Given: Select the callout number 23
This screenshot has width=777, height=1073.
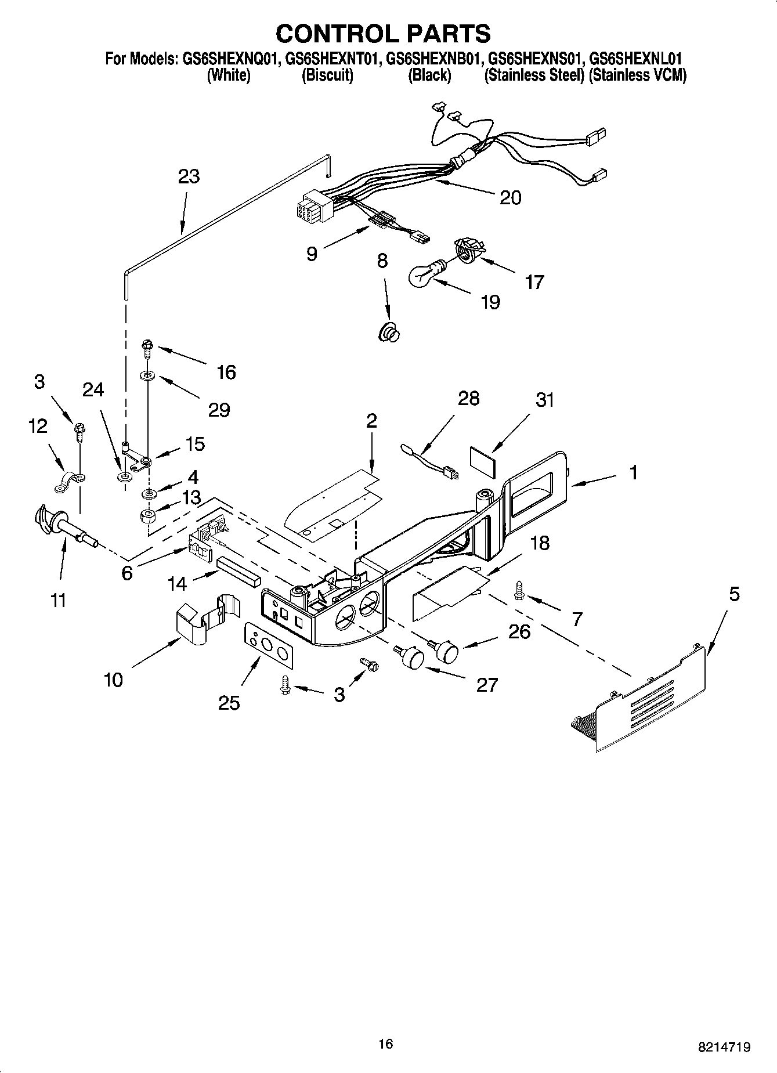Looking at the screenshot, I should pyautogui.click(x=189, y=176).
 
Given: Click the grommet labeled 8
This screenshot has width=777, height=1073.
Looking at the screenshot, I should pyautogui.click(x=389, y=333).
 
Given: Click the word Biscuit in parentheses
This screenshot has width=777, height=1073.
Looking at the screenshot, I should pyautogui.click(x=327, y=75).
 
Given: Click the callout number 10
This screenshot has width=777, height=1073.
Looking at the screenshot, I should pyautogui.click(x=114, y=679).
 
